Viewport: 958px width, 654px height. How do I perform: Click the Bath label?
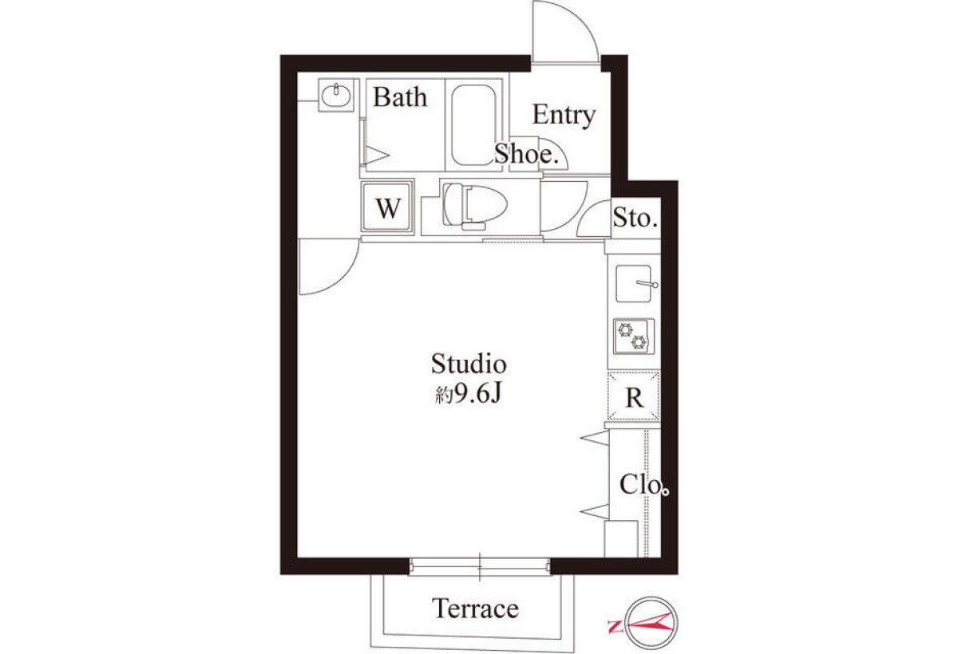[x=400, y=97]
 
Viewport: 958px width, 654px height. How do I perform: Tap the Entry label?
[x=564, y=116]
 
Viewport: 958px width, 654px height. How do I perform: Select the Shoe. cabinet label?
[x=526, y=154]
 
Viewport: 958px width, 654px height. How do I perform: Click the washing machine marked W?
[x=387, y=207]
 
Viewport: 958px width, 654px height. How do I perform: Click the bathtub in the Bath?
[x=473, y=125]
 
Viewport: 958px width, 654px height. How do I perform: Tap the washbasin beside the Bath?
[x=336, y=95]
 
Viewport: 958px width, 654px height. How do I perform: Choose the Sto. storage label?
[x=635, y=218]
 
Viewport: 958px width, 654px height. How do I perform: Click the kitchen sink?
[x=633, y=284]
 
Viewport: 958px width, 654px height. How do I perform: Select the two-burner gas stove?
[x=633, y=337]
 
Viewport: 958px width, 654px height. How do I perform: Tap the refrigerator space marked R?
[x=633, y=396]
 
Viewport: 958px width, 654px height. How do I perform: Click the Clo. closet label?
[x=644, y=485]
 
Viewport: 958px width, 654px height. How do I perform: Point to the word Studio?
[x=469, y=364]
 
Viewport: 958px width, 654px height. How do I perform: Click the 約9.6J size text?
[x=468, y=394]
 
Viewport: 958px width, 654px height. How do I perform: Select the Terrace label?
[x=476, y=609]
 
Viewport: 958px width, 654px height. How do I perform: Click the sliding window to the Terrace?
[x=479, y=567]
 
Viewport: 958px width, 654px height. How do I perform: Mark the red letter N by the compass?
[x=615, y=627]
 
